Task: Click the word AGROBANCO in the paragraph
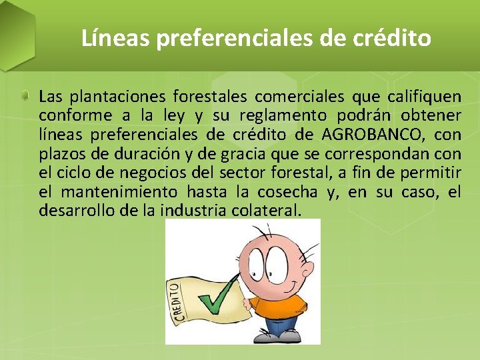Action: pyautogui.click(x=371, y=135)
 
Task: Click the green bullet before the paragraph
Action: pyautogui.click(x=25, y=97)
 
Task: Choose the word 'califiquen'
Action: pyautogui.click(x=425, y=97)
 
